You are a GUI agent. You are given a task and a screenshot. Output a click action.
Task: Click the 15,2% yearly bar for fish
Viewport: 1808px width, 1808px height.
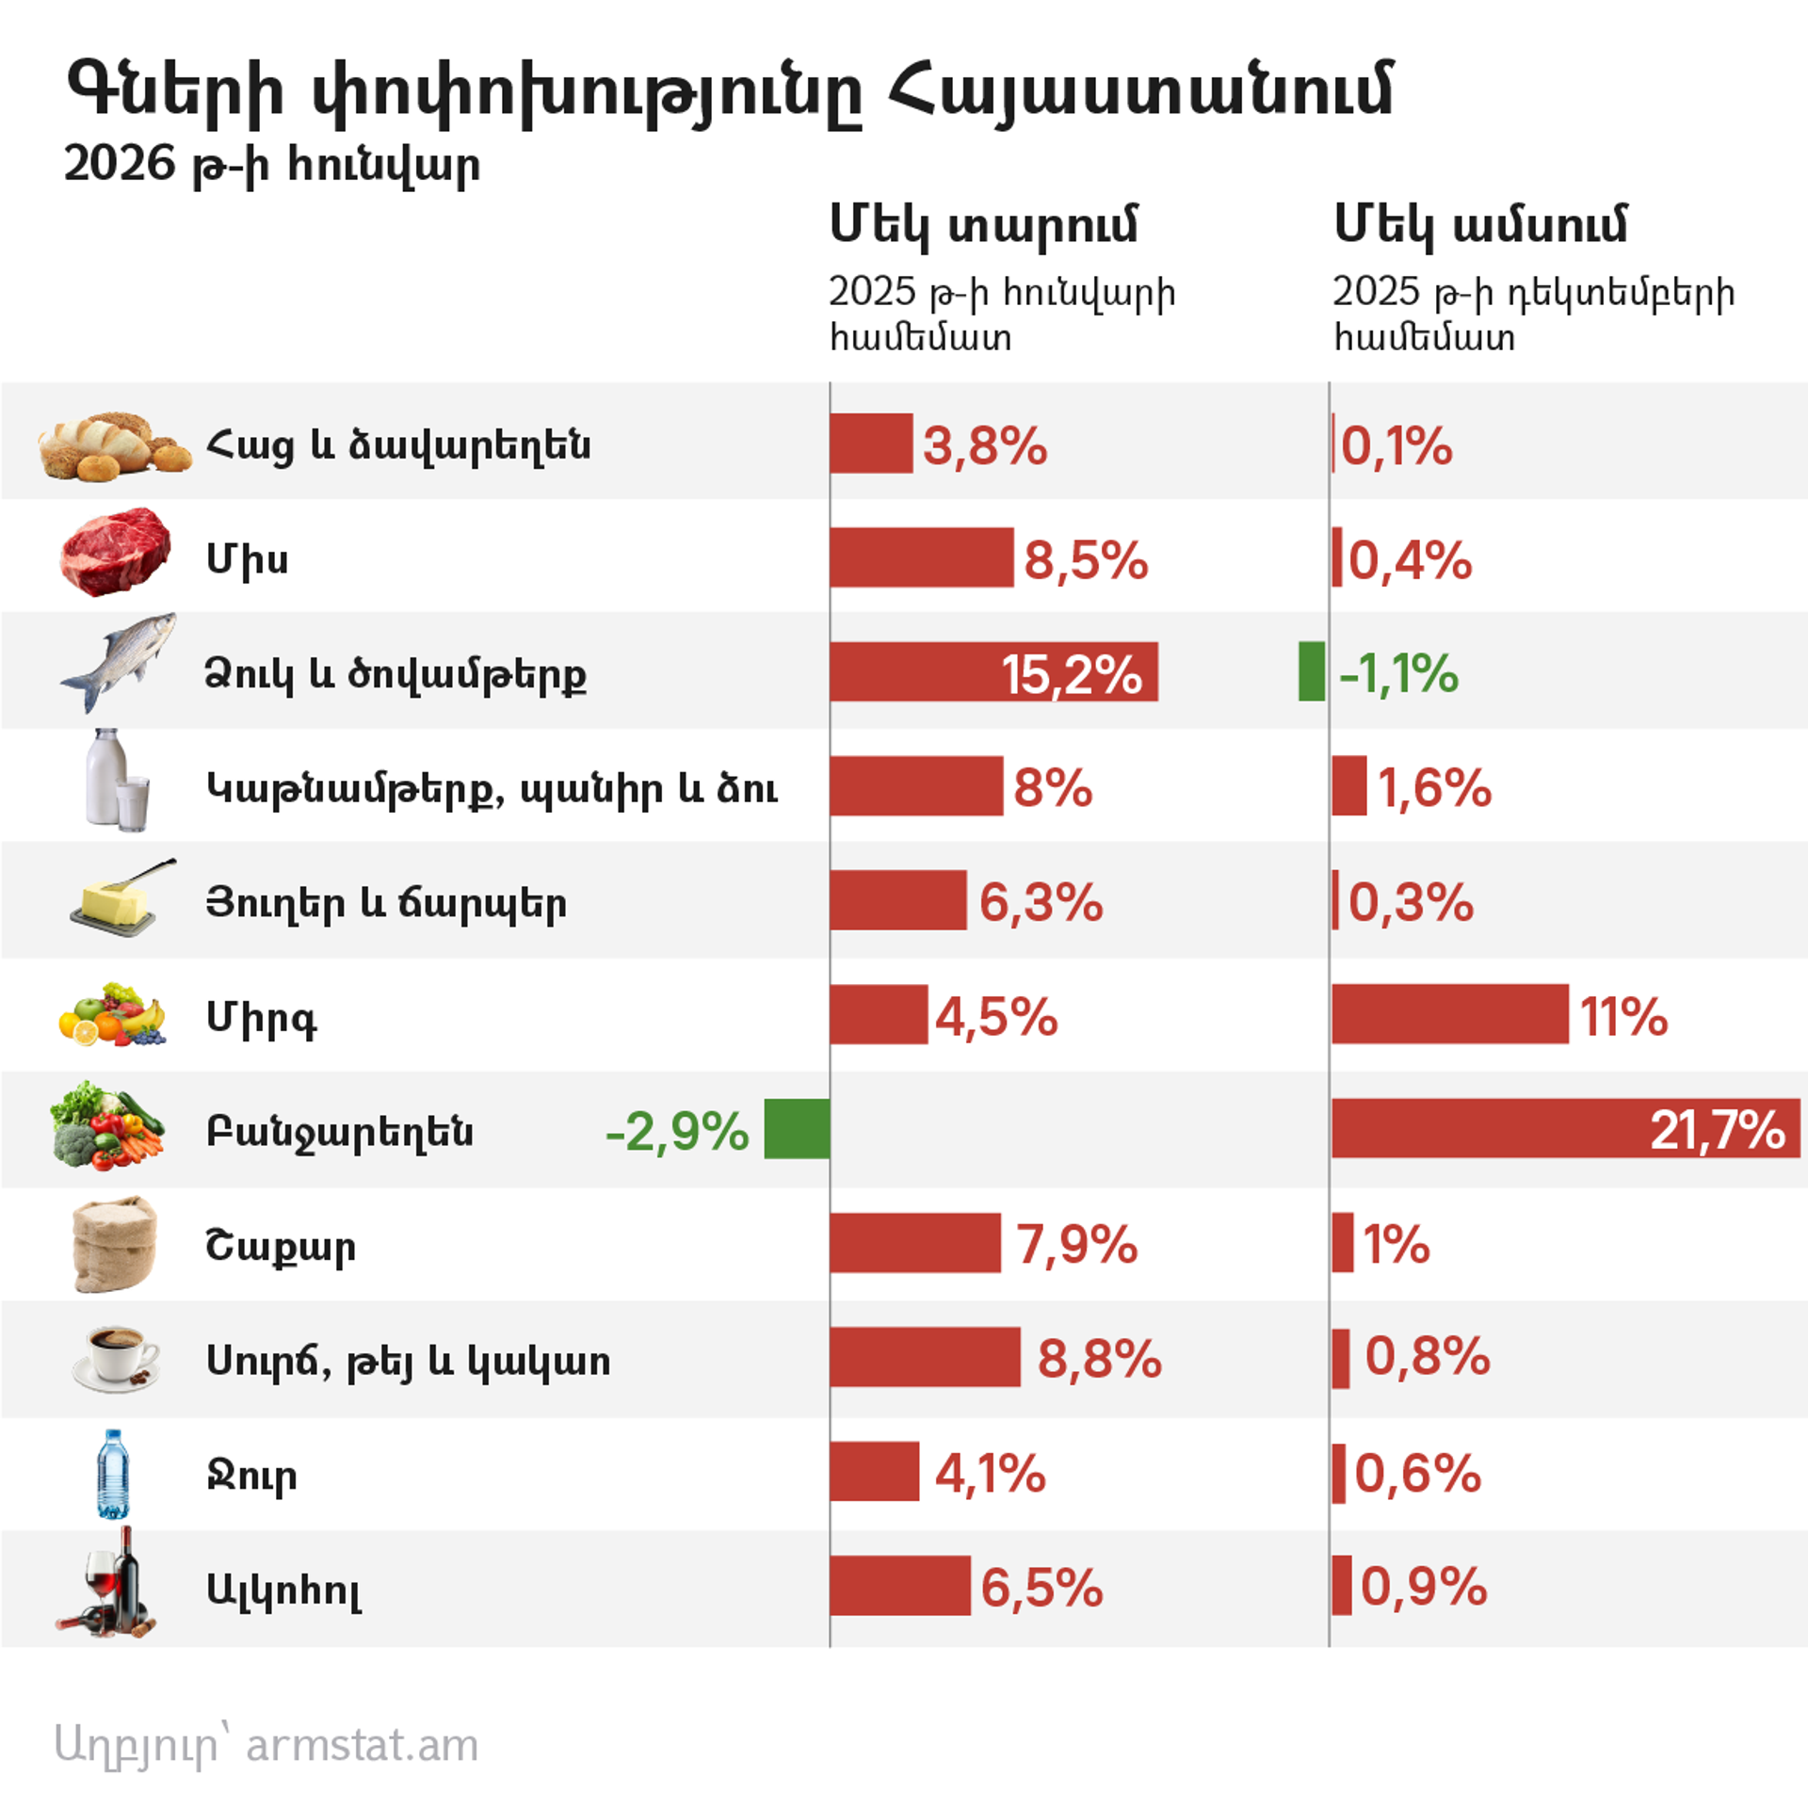tap(993, 672)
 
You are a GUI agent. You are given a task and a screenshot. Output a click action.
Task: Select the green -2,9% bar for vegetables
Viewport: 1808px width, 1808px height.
tap(797, 1128)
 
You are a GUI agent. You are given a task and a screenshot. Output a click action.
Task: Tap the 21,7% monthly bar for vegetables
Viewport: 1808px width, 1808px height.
tap(1564, 1128)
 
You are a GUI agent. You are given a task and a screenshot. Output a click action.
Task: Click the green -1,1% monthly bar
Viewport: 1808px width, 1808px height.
tap(1311, 672)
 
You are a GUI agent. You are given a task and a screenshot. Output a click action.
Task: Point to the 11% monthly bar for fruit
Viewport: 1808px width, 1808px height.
tap(1450, 1014)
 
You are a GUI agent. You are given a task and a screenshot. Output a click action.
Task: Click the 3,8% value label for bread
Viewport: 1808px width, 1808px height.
tap(984, 445)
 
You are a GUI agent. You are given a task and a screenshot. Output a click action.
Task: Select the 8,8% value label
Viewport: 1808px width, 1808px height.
tap(1099, 1358)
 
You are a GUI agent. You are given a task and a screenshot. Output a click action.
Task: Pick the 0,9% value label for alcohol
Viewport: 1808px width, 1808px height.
tap(1423, 1587)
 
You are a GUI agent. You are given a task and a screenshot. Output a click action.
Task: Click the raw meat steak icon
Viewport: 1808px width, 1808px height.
tap(115, 552)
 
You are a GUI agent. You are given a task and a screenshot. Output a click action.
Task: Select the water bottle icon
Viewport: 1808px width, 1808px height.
tap(113, 1474)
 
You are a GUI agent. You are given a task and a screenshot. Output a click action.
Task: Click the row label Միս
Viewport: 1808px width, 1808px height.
tap(247, 559)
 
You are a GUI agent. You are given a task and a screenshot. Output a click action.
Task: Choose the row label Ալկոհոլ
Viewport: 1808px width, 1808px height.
tap(283, 1590)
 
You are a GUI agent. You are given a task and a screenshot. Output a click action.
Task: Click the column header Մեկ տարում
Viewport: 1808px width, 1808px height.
tap(983, 226)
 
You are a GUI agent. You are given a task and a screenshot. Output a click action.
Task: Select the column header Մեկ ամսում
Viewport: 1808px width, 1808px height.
tap(1479, 226)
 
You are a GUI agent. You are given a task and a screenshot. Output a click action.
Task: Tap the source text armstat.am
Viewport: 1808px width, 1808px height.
tap(362, 1745)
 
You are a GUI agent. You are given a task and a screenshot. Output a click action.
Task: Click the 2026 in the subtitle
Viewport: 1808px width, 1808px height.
tap(120, 164)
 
